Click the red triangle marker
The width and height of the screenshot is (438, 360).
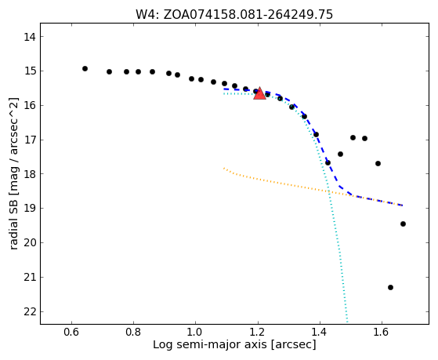pyautogui.click(x=259, y=93)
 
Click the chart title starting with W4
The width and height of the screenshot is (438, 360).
pyautogui.click(x=234, y=15)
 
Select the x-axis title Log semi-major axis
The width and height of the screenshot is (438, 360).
pyautogui.click(x=234, y=344)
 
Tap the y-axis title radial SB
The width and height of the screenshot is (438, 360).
pyautogui.click(x=14, y=173)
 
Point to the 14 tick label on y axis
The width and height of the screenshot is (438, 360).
pyautogui.click(x=29, y=37)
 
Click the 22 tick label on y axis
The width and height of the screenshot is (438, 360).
pyautogui.click(x=29, y=311)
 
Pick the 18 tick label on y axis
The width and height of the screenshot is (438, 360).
pyautogui.click(x=29, y=174)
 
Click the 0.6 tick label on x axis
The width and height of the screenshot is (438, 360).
pyautogui.click(x=72, y=332)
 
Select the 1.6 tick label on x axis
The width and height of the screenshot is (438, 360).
pyautogui.click(x=382, y=332)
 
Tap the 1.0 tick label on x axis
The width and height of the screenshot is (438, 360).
pyautogui.click(x=196, y=332)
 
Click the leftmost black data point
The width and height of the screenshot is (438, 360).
pyautogui.click(x=85, y=68)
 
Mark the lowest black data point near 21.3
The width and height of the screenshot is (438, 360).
pyautogui.click(x=390, y=287)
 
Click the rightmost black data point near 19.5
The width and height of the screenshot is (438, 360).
pyautogui.click(x=403, y=224)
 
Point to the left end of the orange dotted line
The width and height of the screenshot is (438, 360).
pyautogui.click(x=224, y=168)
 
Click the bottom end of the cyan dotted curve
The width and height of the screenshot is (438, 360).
pyautogui.click(x=347, y=322)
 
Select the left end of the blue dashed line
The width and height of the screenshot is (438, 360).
pyautogui.click(x=224, y=89)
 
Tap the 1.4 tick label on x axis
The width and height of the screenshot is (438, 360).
pyautogui.click(x=320, y=332)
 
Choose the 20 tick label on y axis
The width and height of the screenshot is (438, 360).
pyautogui.click(x=29, y=243)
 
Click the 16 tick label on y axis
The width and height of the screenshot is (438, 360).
pyautogui.click(x=29, y=105)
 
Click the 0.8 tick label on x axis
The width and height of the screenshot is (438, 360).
pyautogui.click(x=133, y=332)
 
